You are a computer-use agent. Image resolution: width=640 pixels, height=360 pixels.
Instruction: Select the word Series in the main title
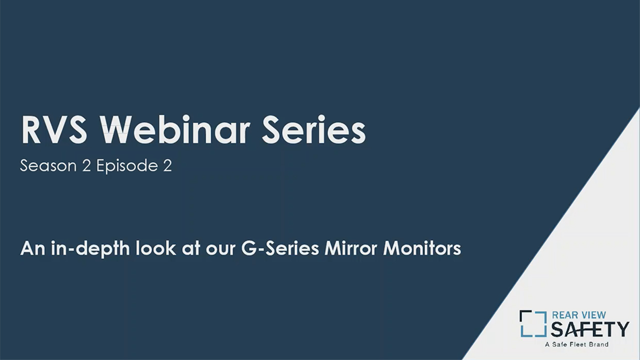(x=314, y=130)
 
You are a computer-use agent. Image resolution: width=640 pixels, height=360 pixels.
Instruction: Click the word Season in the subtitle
(x=48, y=166)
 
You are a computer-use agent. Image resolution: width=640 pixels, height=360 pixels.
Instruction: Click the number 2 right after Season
(x=86, y=166)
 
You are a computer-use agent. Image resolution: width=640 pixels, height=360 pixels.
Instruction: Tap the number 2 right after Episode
(x=167, y=166)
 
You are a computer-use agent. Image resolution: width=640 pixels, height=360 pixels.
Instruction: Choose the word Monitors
(x=422, y=248)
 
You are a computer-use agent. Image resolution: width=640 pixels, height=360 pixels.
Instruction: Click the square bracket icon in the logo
(x=532, y=323)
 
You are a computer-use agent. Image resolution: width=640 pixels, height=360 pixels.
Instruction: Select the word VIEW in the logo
(x=593, y=315)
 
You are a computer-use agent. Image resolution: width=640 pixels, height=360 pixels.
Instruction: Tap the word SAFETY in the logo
(x=589, y=329)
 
